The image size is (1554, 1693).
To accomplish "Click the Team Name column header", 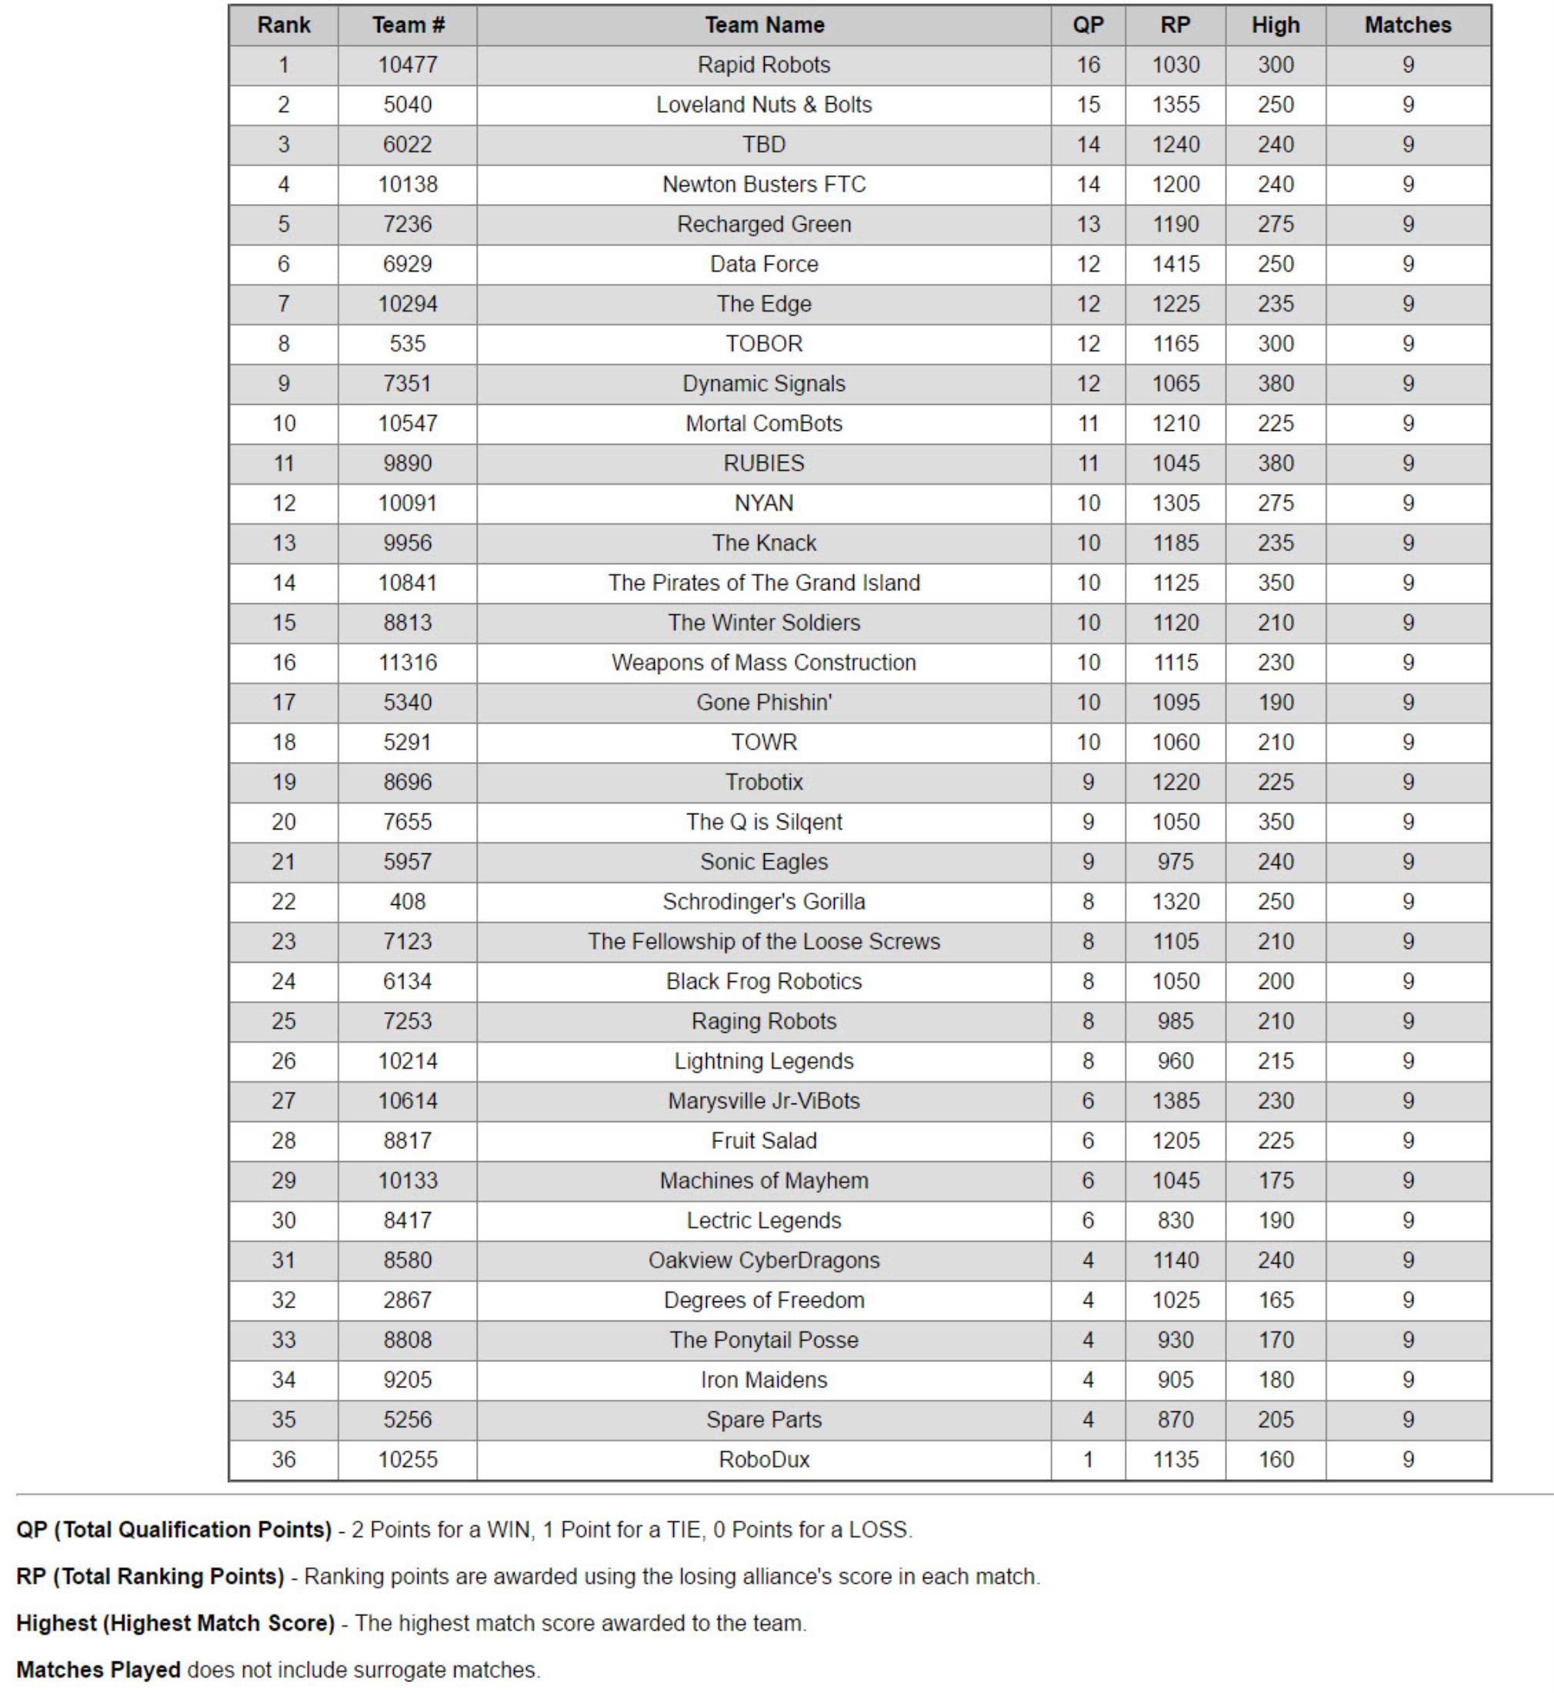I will click(764, 25).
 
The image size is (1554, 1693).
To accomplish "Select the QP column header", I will click(1087, 25).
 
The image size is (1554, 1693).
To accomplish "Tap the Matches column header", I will click(1407, 25).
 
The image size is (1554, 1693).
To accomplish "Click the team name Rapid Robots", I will click(764, 65).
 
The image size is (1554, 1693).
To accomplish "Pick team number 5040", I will click(407, 105).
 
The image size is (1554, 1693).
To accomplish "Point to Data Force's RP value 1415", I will click(1175, 264).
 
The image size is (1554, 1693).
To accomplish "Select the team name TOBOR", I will click(764, 344).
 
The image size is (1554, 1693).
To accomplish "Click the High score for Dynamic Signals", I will click(1275, 383).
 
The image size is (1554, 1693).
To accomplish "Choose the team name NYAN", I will click(764, 503).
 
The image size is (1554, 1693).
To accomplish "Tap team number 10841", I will click(407, 583).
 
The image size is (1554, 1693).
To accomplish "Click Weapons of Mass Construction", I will click(764, 663).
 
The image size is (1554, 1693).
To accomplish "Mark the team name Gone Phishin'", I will click(764, 703).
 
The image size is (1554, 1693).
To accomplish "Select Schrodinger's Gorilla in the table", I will click(764, 902).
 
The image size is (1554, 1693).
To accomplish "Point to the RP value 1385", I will click(1175, 1101).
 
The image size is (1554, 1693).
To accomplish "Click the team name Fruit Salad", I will click(764, 1140).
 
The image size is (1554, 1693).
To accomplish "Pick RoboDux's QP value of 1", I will click(1087, 1459).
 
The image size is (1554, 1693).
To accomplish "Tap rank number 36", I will click(283, 1459).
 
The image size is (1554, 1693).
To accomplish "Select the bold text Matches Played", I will click(98, 1669).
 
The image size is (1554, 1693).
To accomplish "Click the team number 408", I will click(407, 902).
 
